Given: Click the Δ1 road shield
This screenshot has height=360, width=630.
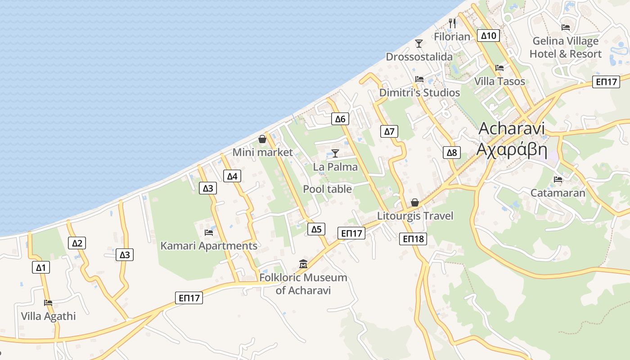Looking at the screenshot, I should [41, 268].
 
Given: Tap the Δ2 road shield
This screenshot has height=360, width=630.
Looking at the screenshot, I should [77, 243].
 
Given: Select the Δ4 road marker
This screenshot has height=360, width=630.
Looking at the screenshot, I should [232, 176].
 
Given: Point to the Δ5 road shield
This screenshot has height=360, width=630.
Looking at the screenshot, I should [317, 229].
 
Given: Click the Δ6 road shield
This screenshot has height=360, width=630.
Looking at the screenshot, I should [340, 119].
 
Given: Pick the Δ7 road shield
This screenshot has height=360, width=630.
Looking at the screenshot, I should [389, 131].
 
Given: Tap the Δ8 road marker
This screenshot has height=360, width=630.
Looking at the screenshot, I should [451, 153].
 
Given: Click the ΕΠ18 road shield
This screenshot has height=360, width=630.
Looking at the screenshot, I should [413, 239].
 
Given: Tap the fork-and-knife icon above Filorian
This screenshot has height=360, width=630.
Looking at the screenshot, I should [452, 22].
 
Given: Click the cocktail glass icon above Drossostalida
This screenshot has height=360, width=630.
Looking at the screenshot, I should [419, 43].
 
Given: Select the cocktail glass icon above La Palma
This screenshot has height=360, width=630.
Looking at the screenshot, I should [335, 153].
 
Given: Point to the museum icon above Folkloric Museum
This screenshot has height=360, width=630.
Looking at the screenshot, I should [303, 264].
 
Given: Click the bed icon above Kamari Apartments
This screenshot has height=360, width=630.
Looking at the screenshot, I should [209, 232].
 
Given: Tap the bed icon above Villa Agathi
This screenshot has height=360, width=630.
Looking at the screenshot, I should [48, 302].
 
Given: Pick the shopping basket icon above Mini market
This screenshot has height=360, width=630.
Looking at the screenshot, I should [262, 139].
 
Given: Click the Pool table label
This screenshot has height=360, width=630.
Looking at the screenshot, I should [327, 189].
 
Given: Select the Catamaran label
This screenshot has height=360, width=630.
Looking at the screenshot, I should [558, 193].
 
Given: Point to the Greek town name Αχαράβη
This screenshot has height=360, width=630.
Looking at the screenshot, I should [512, 148].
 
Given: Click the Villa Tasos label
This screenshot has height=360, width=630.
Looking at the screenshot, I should [499, 81].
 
